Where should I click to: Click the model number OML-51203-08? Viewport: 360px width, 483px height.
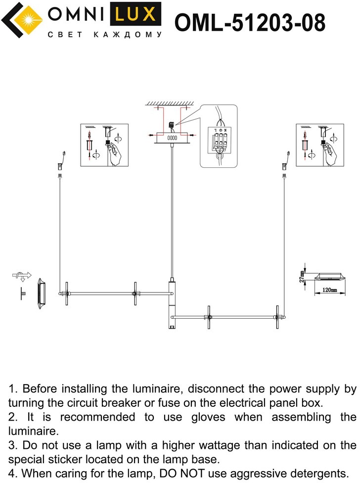coord(250,23)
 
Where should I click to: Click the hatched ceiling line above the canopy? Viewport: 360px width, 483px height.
coord(169,103)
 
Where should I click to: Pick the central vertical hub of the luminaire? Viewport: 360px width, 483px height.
coord(172,304)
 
